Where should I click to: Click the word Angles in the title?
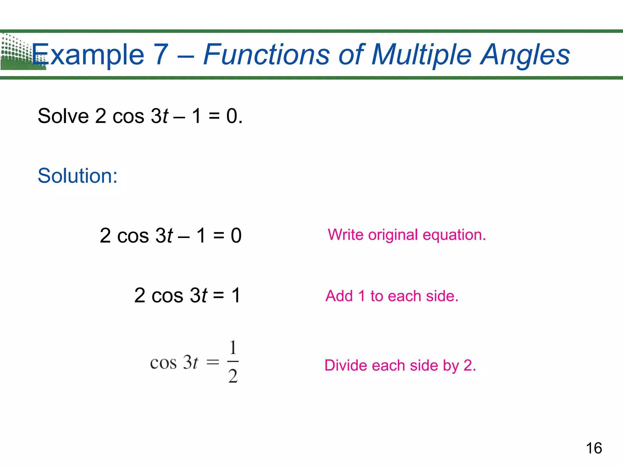pos(525,55)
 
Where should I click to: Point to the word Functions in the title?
pos(266,55)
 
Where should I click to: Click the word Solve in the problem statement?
pos(63,116)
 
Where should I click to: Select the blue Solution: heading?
pos(78,176)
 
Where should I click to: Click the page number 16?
pos(594,448)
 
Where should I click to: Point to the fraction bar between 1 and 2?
pos(233,361)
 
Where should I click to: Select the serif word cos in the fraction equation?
pos(163,363)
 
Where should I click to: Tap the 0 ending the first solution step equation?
pos(236,236)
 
